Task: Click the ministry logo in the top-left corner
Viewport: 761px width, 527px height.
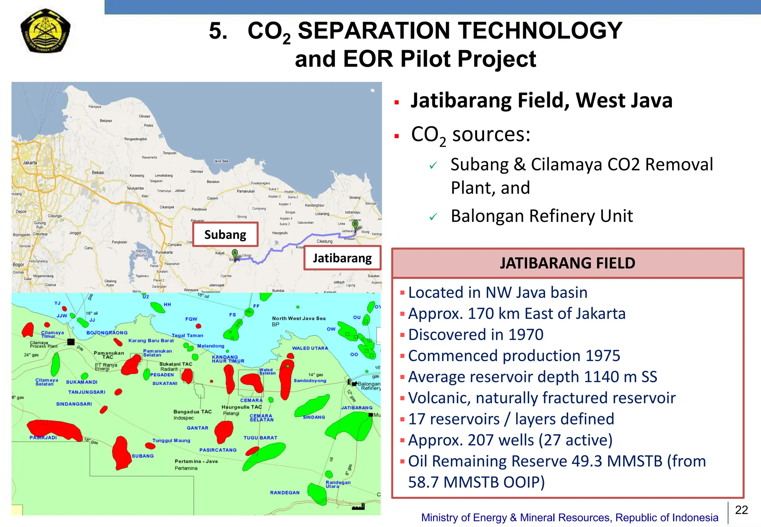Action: [45, 30]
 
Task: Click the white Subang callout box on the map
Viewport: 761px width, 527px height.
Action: [225, 235]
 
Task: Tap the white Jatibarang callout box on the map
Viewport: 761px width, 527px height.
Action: [342, 258]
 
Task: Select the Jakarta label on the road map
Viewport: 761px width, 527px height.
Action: [30, 162]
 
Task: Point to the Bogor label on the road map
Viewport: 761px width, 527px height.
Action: [18, 265]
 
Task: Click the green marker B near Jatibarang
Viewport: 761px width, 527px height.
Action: [355, 224]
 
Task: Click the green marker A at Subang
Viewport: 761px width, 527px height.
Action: [234, 253]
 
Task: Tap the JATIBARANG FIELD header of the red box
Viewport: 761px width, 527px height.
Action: [567, 263]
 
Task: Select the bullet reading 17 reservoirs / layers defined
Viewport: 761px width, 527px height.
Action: [511, 419]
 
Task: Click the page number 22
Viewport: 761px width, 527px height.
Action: [741, 510]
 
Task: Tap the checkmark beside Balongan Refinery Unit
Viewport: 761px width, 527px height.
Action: [433, 217]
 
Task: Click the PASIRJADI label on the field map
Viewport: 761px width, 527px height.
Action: [43, 437]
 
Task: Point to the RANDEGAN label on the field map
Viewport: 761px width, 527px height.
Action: [285, 492]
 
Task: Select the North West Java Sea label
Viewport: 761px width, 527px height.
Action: [298, 318]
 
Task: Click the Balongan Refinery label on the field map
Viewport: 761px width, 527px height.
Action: [369, 386]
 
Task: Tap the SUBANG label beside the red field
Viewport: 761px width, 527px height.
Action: [143, 456]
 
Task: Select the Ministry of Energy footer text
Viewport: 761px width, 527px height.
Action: [569, 517]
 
